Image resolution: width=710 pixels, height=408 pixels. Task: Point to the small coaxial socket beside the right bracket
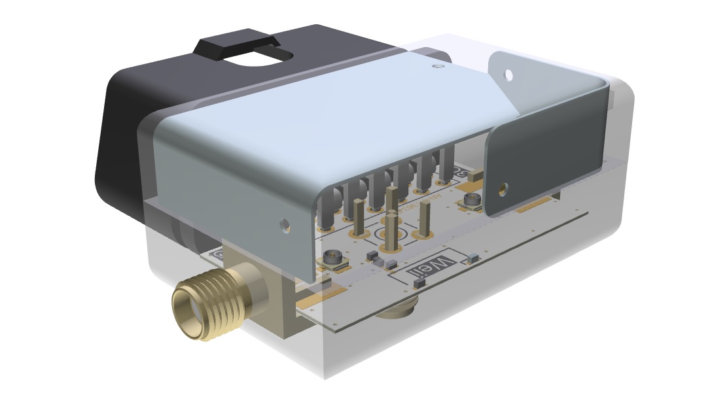tap(472, 201)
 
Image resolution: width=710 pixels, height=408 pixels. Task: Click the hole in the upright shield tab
tap(508, 75)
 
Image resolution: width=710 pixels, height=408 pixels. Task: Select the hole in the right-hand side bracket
tap(502, 190)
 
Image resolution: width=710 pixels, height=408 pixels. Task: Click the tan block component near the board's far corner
tap(475, 175)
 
